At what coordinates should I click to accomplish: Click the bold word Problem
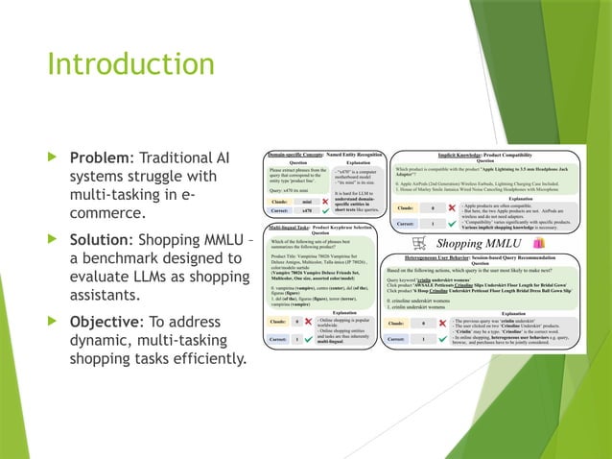point(99,157)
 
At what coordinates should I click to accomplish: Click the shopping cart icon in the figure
point(417,244)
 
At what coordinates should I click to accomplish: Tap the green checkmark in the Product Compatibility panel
point(450,224)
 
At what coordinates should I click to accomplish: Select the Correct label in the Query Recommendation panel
point(402,338)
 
